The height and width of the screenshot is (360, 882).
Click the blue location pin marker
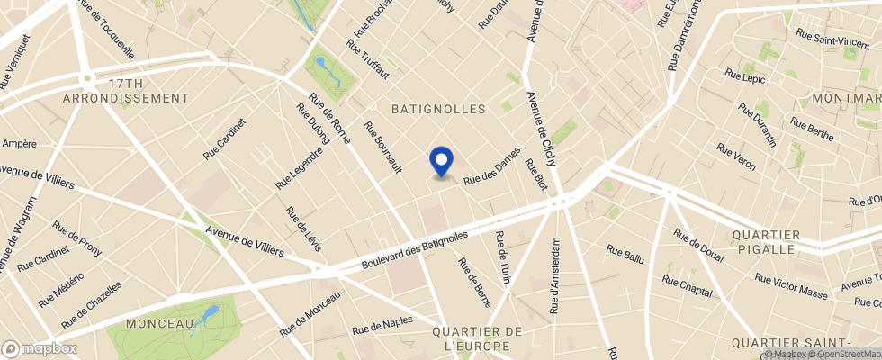[441, 161]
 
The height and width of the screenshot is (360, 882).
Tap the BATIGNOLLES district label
[438, 109]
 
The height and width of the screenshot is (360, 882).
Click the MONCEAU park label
[160, 323]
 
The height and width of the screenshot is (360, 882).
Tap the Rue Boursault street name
[382, 146]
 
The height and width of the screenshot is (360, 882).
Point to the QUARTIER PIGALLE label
[765, 241]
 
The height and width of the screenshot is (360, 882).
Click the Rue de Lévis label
[302, 228]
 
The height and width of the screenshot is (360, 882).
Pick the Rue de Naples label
[382, 322]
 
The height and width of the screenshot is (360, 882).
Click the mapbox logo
[39, 348]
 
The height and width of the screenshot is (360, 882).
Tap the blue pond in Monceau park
[210, 313]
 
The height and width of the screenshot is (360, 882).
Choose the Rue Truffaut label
[368, 60]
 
